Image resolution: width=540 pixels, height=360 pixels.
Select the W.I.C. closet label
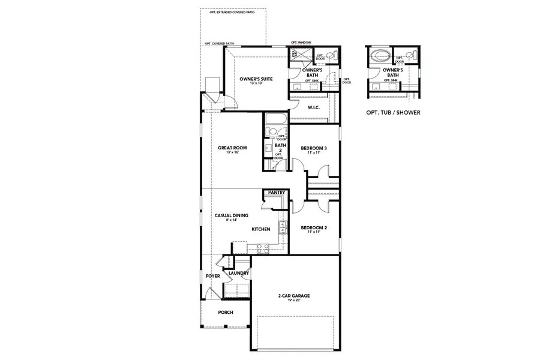tap(313, 107)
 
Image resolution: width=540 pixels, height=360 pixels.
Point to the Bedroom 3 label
tap(313, 148)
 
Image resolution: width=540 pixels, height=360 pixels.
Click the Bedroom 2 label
tap(313, 227)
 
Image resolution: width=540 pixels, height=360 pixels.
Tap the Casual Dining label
tap(232, 215)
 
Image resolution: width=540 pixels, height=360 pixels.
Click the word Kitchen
tap(260, 229)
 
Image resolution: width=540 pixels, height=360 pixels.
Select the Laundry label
tap(238, 273)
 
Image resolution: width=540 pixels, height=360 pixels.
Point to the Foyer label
tap(212, 276)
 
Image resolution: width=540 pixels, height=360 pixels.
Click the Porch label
tap(225, 312)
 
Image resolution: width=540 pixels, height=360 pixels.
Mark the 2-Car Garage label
tap(293, 296)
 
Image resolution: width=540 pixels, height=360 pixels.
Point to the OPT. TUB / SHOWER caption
tap(393, 112)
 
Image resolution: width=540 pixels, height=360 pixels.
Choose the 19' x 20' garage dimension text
tap(293, 301)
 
